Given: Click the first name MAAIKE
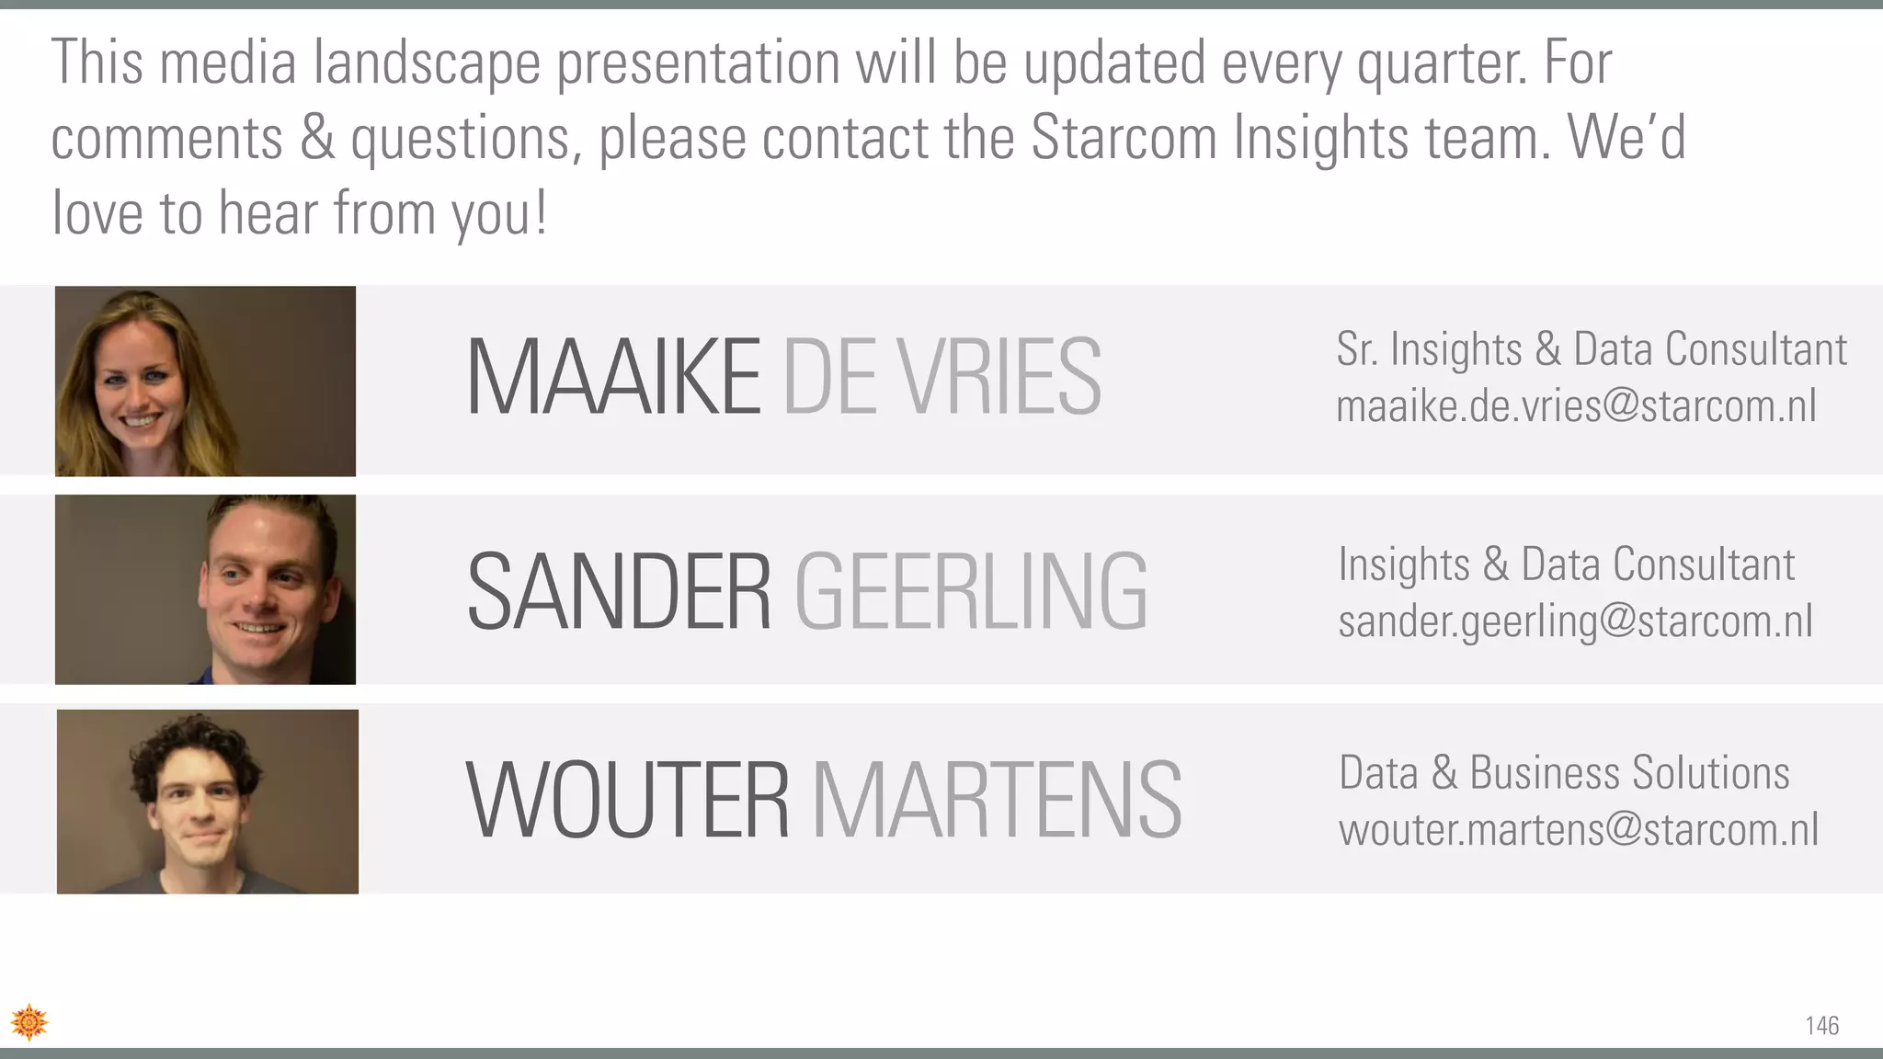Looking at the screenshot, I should [613, 377].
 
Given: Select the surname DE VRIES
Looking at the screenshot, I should [941, 377].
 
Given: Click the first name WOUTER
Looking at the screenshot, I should [628, 800].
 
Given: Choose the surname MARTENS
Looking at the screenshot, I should [997, 800].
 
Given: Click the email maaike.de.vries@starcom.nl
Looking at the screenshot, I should [1576, 406].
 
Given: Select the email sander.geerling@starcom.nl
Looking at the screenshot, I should [1575, 621].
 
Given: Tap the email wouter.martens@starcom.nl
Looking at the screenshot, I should [1578, 830].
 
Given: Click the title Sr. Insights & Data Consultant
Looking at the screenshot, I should [1591, 349].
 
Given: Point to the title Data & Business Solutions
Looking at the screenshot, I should [1564, 772].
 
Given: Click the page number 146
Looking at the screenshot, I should [1821, 1026].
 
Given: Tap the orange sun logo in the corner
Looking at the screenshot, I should [29, 1022].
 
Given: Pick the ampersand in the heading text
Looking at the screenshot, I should [317, 138].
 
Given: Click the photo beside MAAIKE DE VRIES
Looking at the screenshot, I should [205, 381].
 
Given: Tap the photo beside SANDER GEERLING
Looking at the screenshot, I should [205, 589].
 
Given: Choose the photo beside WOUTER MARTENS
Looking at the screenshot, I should [208, 802].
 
